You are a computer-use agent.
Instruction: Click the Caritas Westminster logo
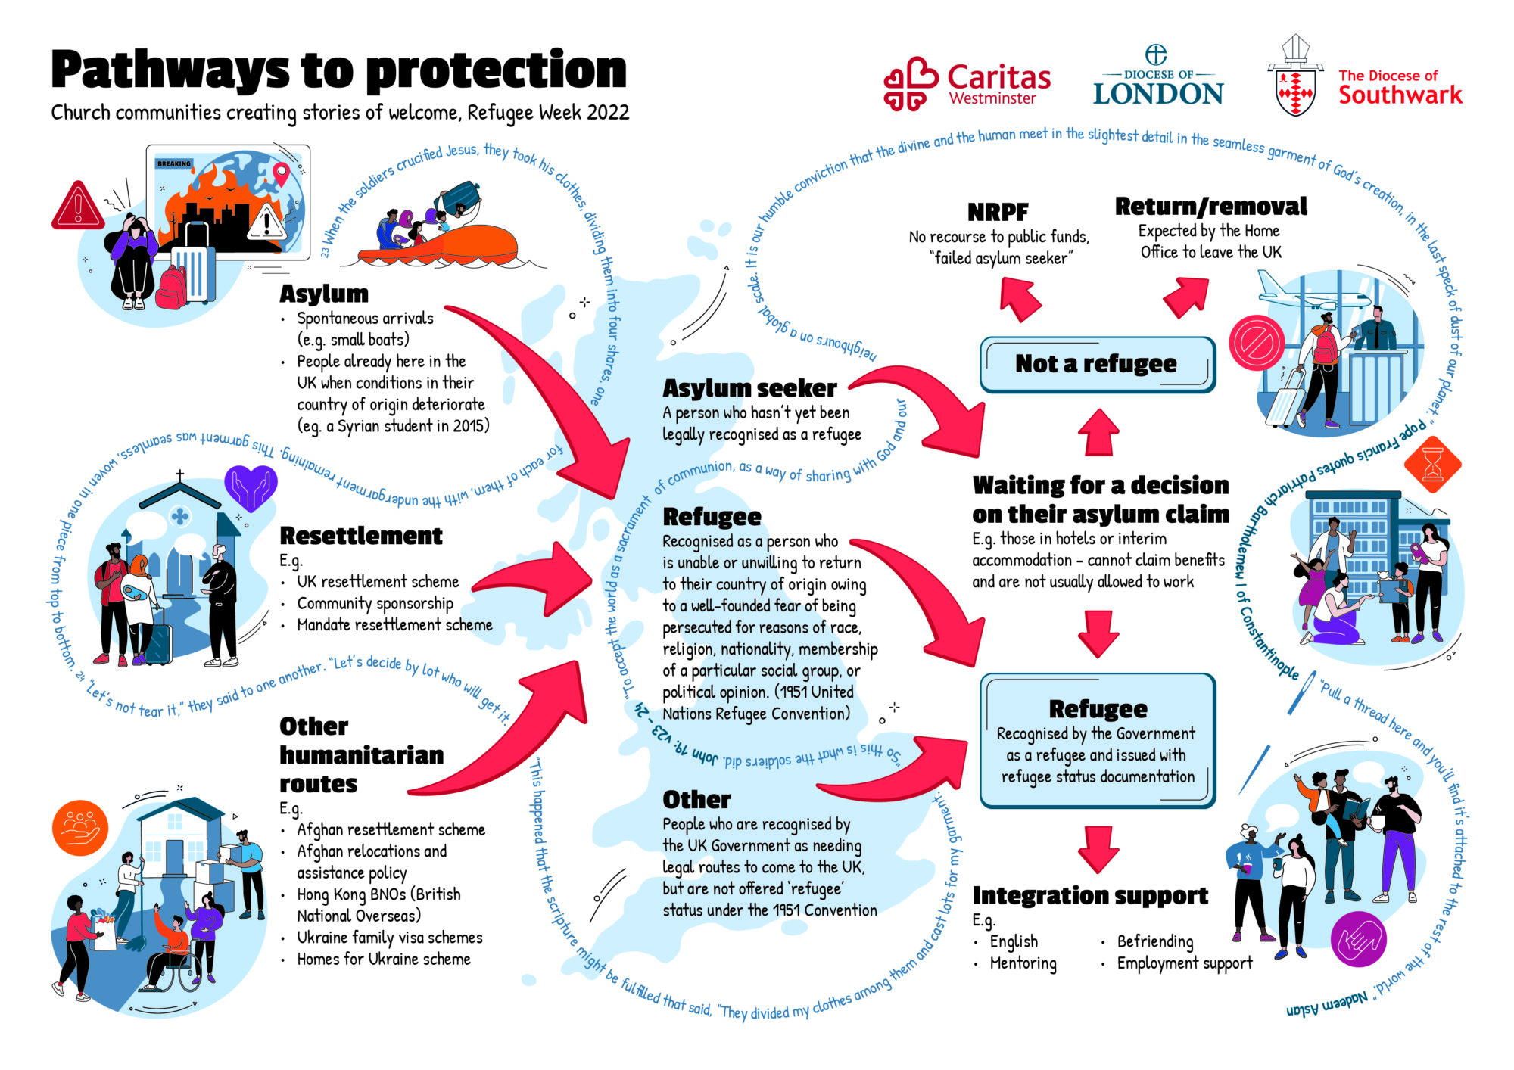(966, 84)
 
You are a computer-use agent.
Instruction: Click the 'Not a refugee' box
(1097, 365)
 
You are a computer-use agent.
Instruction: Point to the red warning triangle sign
(78, 206)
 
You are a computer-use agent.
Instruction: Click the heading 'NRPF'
(998, 212)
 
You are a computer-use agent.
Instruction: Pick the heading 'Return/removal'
(1210, 206)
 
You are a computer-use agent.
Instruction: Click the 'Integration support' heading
(1090, 895)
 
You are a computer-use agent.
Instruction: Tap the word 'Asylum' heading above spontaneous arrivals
(324, 294)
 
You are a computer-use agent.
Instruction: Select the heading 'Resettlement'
(361, 536)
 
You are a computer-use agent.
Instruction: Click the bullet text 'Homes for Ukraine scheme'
(383, 960)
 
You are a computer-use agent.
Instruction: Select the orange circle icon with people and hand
(80, 828)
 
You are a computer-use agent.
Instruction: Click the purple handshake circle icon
(1358, 939)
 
